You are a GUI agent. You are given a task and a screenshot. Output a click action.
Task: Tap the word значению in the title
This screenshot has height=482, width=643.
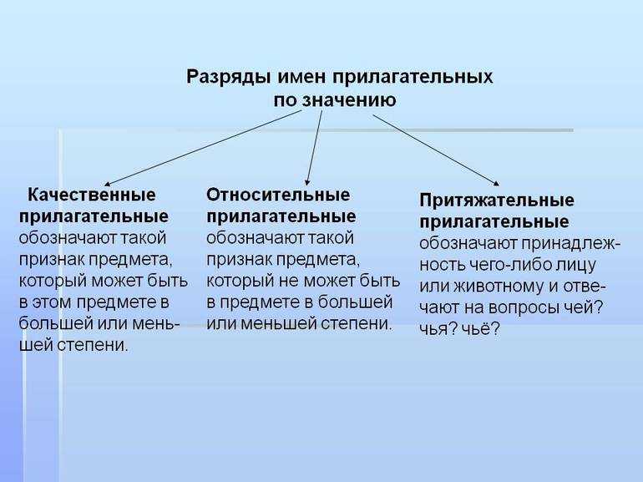pos(349,100)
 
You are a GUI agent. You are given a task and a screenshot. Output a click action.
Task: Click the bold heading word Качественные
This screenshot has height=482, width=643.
pos(92,195)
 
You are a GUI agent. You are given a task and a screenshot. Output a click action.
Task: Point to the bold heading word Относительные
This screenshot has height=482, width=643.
pos(278,195)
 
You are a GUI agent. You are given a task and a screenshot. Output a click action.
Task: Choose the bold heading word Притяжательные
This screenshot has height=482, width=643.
pos(497,200)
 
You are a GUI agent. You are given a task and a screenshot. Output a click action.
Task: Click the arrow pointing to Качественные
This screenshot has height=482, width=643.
pos(203,148)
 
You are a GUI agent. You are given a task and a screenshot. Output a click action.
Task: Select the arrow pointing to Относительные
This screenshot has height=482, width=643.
pos(314,148)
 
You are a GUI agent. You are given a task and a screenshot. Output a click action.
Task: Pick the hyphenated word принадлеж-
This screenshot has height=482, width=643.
pos(571,244)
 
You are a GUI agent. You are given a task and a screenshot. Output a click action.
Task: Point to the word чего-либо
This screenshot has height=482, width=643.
pos(509,265)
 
